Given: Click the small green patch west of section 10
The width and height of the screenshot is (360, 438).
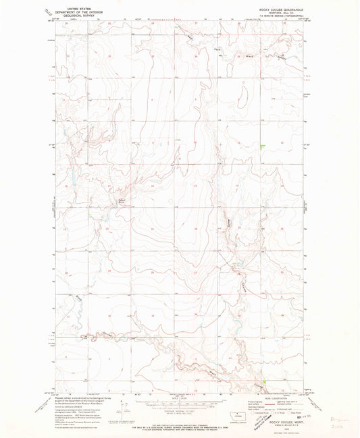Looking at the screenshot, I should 177,140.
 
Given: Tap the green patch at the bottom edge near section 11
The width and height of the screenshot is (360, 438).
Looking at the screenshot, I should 265,381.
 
